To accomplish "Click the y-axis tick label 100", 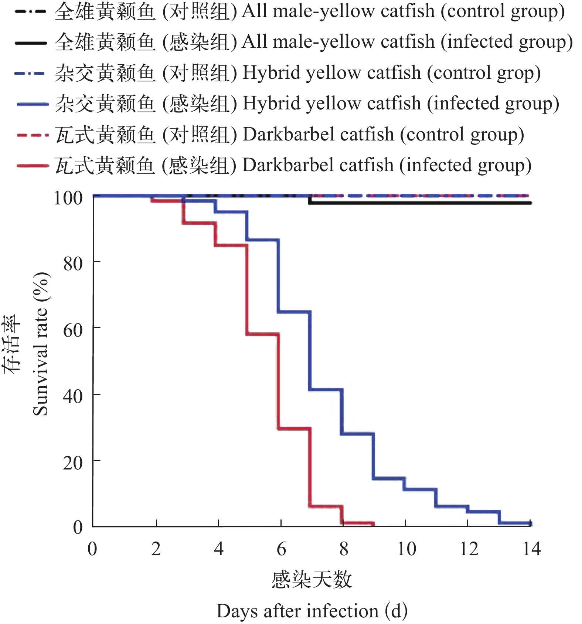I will (x=68, y=198).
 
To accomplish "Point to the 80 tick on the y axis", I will (x=73, y=264).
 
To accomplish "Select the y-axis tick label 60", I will (x=73, y=330).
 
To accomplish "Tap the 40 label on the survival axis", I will (x=73, y=396).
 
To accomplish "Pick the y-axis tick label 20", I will (x=73, y=462).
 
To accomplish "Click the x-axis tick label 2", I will (x=156, y=549).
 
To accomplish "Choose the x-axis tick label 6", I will (x=281, y=549).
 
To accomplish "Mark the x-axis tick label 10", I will (x=406, y=549).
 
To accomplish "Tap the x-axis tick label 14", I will (x=531, y=549).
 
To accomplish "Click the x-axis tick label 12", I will (x=469, y=549).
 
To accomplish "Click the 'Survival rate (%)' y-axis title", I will (x=41, y=344).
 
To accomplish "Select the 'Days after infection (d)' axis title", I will (x=312, y=611).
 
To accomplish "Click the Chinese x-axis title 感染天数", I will (x=312, y=579).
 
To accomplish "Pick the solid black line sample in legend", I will (x=31, y=43).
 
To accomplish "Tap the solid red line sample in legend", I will (x=33, y=166).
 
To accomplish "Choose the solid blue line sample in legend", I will (x=33, y=104).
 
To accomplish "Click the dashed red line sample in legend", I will (x=33, y=135).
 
